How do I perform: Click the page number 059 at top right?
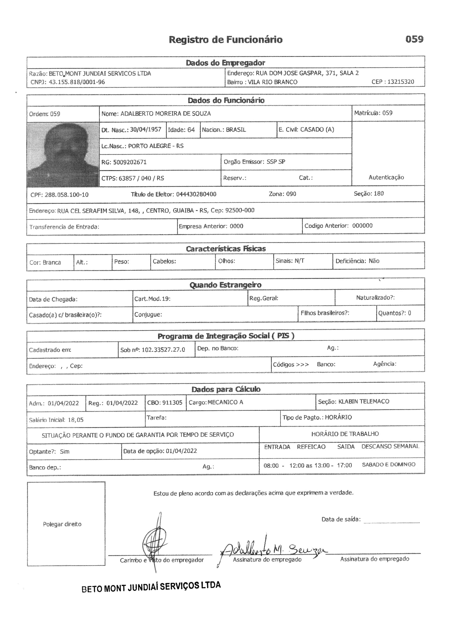point(414,39)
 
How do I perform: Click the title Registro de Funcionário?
point(226,40)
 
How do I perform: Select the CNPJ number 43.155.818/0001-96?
point(77,82)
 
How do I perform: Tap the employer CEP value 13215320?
point(401,82)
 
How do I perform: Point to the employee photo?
point(63,154)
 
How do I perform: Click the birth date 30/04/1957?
point(146,130)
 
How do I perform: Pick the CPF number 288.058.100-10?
point(66,195)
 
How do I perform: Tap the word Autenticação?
point(386,177)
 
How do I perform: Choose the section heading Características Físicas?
point(226,249)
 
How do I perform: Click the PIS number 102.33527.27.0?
point(163,350)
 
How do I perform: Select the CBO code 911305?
point(172,403)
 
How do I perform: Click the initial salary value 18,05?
point(75,420)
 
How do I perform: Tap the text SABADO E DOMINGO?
point(389,465)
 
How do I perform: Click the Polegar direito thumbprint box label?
point(62,524)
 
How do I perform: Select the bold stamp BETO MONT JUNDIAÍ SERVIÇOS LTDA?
point(151,587)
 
